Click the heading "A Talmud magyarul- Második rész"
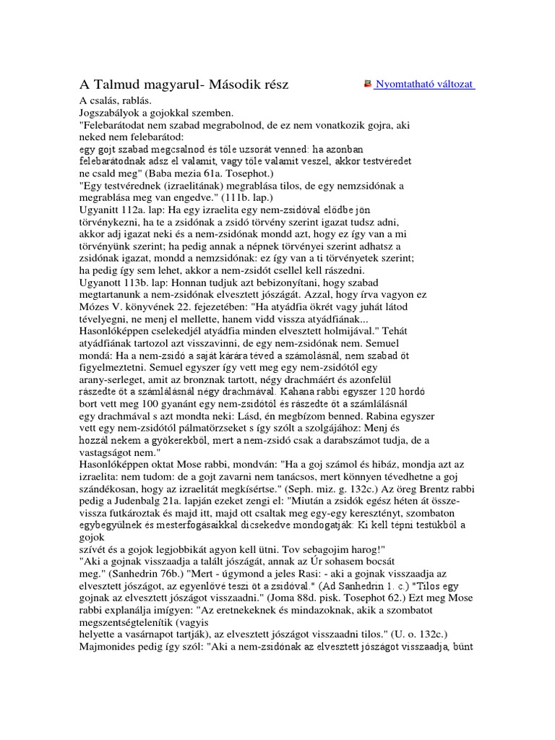tap(184, 85)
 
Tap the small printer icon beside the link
tap(369, 85)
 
